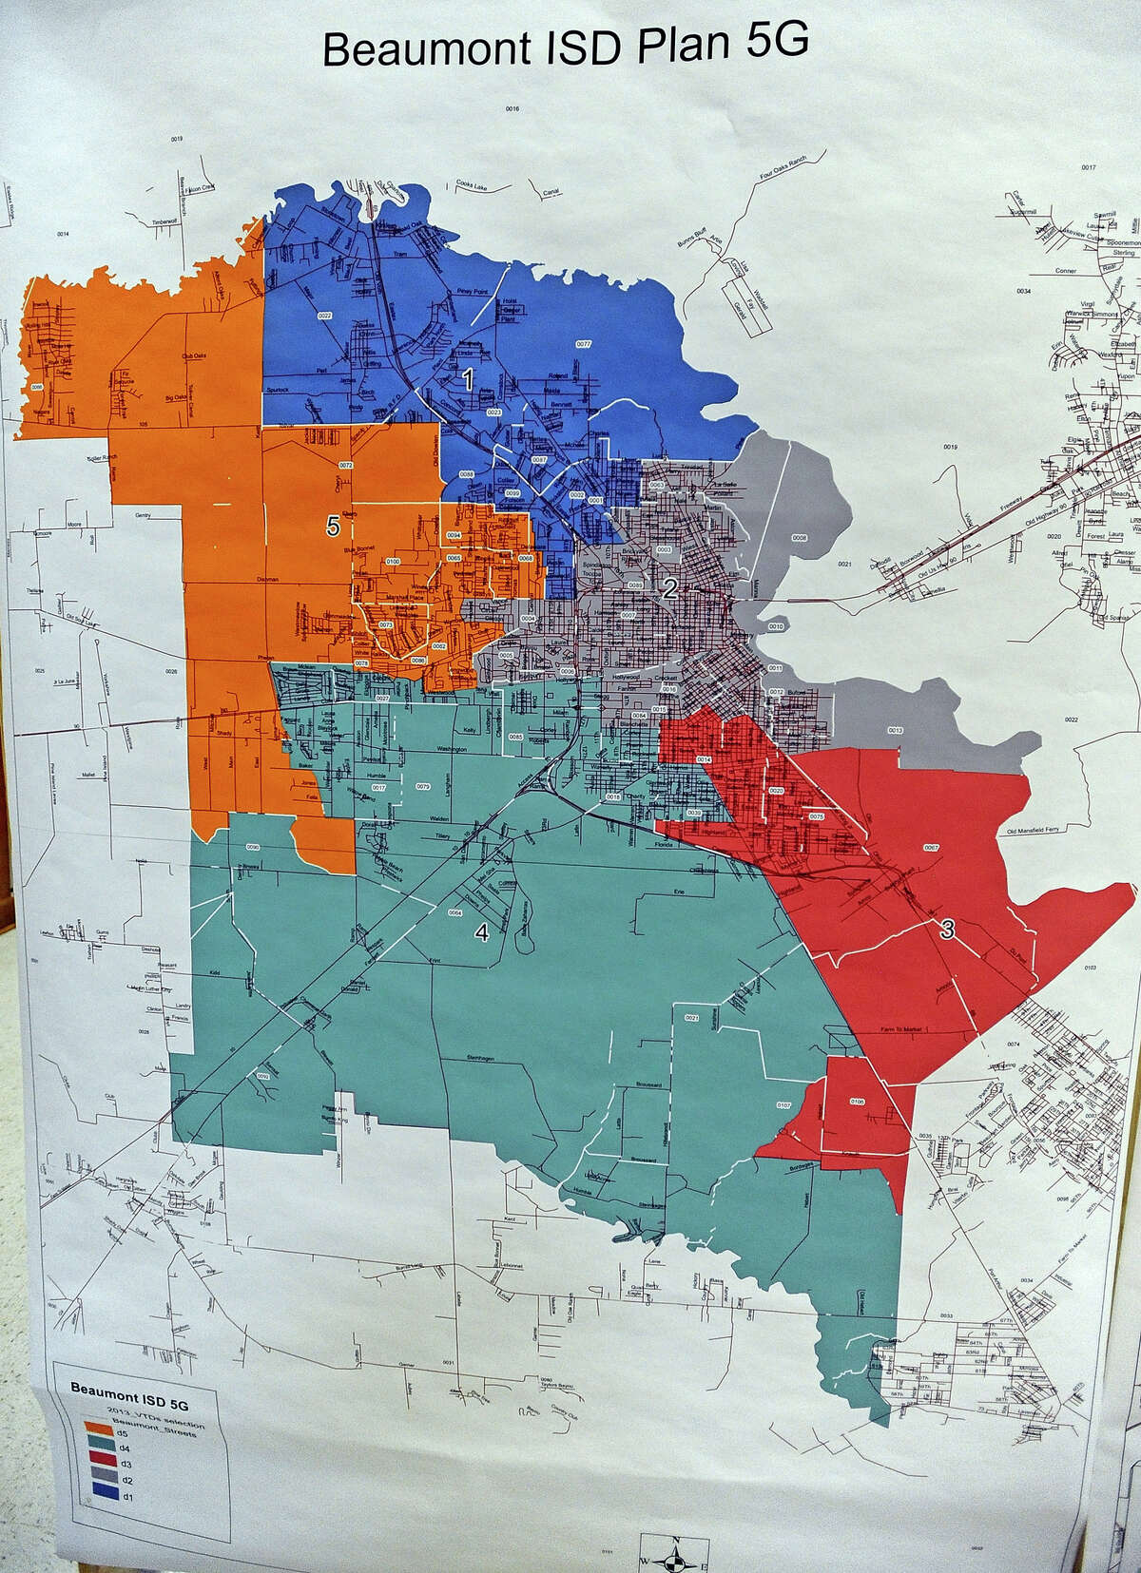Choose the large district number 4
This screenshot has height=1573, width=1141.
click(x=482, y=933)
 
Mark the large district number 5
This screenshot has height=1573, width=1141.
click(x=332, y=527)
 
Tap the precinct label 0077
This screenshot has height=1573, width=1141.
click(x=584, y=343)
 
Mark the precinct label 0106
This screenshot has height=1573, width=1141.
click(x=858, y=1102)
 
